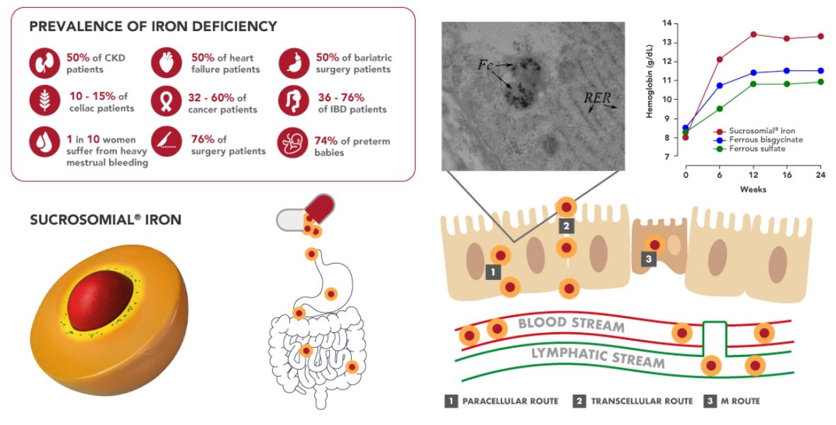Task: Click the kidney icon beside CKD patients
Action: click(x=44, y=63)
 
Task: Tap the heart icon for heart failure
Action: click(x=167, y=63)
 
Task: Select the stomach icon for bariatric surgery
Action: click(x=294, y=63)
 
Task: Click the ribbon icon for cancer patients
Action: click(x=167, y=101)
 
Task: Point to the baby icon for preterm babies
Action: click(x=293, y=143)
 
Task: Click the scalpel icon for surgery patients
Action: click(x=167, y=142)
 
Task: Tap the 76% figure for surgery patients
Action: click(x=203, y=140)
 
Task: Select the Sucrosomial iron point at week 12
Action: click(x=753, y=35)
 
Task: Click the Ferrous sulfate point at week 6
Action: click(x=720, y=108)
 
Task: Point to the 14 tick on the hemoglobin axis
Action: click(x=667, y=23)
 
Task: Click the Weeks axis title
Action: click(x=753, y=189)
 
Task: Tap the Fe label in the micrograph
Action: click(x=485, y=65)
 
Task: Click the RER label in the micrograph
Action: click(x=597, y=98)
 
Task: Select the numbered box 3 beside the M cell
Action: click(x=649, y=259)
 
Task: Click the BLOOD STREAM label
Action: click(x=571, y=323)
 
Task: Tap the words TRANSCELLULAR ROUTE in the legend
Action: click(x=642, y=401)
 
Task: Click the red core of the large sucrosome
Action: click(x=100, y=300)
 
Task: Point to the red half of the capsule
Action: click(x=319, y=208)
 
